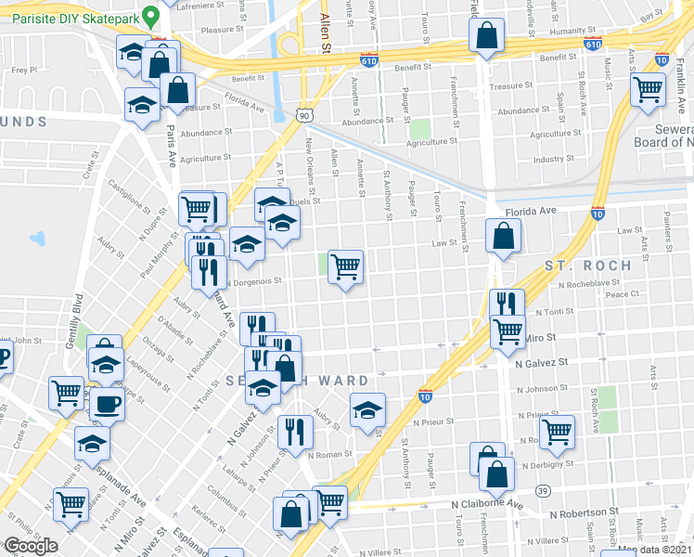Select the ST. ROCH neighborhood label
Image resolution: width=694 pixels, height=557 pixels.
[x=587, y=266]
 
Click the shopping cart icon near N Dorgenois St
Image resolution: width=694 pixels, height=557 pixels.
[x=345, y=267]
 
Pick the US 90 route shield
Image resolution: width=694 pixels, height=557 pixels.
[x=304, y=115]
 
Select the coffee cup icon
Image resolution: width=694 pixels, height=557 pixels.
[x=106, y=405]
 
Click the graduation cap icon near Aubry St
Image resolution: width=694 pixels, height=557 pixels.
[x=367, y=409]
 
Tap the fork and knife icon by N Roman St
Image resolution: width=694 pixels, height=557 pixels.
[x=295, y=431]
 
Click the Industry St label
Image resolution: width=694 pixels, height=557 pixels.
[x=554, y=159]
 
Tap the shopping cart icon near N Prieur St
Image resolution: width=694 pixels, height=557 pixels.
[x=557, y=431]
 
